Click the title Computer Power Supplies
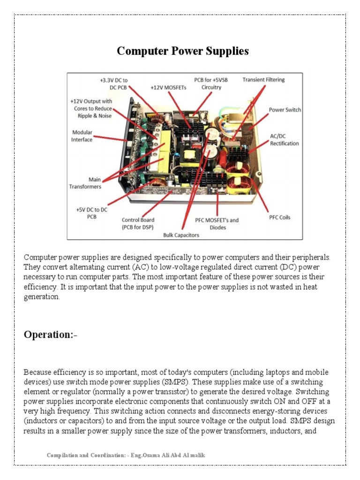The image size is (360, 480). coord(183,51)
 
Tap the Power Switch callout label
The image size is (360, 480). coord(285,110)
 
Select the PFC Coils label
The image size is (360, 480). coord(279,217)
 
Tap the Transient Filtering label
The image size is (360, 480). coord(263,80)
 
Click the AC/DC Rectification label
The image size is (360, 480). coord(284,140)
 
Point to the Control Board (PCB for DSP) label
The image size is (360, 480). coord(138,224)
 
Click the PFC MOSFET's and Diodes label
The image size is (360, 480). coord(217,224)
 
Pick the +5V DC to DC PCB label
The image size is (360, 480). coord(91,213)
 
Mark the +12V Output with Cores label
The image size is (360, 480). coord(91,108)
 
